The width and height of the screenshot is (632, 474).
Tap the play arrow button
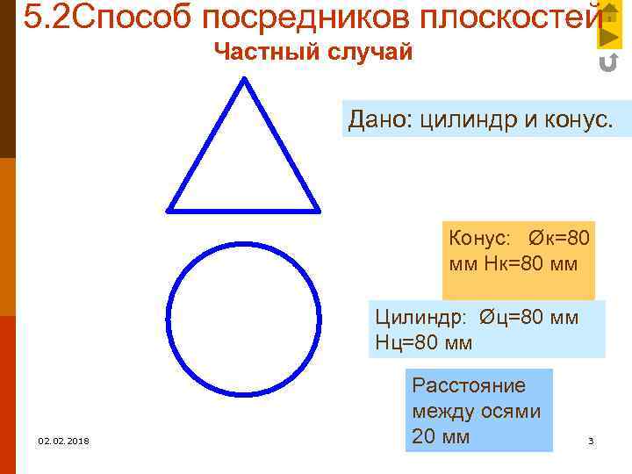[609, 36]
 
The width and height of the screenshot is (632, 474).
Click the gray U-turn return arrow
[607, 63]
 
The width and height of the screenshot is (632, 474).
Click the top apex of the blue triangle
[244, 79]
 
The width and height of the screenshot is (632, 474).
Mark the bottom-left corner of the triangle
[169, 211]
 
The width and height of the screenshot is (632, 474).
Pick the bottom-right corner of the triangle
[318, 211]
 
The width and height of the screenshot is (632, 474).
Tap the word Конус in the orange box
[478, 238]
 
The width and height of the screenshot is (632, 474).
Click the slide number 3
[591, 441]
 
